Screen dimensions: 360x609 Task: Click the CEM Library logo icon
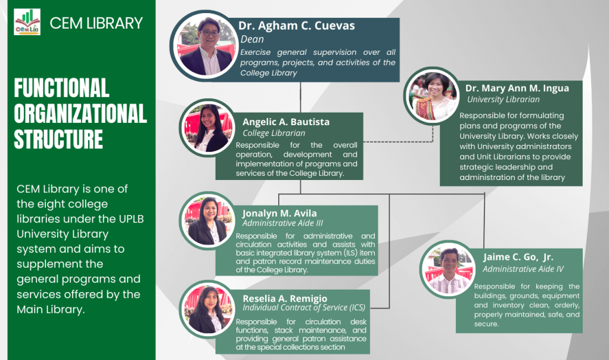(27, 22)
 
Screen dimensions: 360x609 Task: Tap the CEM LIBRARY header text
(96, 23)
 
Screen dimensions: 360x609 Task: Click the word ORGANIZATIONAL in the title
(80, 113)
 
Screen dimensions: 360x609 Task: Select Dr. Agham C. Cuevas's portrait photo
(205, 46)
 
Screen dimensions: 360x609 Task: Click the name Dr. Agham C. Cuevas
(296, 26)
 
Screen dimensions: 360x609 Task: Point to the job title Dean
(252, 39)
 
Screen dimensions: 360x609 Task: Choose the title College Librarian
(274, 133)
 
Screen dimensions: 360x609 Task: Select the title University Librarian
(503, 100)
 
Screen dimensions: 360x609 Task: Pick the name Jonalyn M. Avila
(279, 213)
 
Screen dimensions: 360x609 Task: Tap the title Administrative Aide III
(279, 223)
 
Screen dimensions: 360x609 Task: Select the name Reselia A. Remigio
(284, 298)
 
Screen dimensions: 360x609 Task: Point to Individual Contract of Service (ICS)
(303, 308)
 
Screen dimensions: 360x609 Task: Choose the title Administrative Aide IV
(523, 269)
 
